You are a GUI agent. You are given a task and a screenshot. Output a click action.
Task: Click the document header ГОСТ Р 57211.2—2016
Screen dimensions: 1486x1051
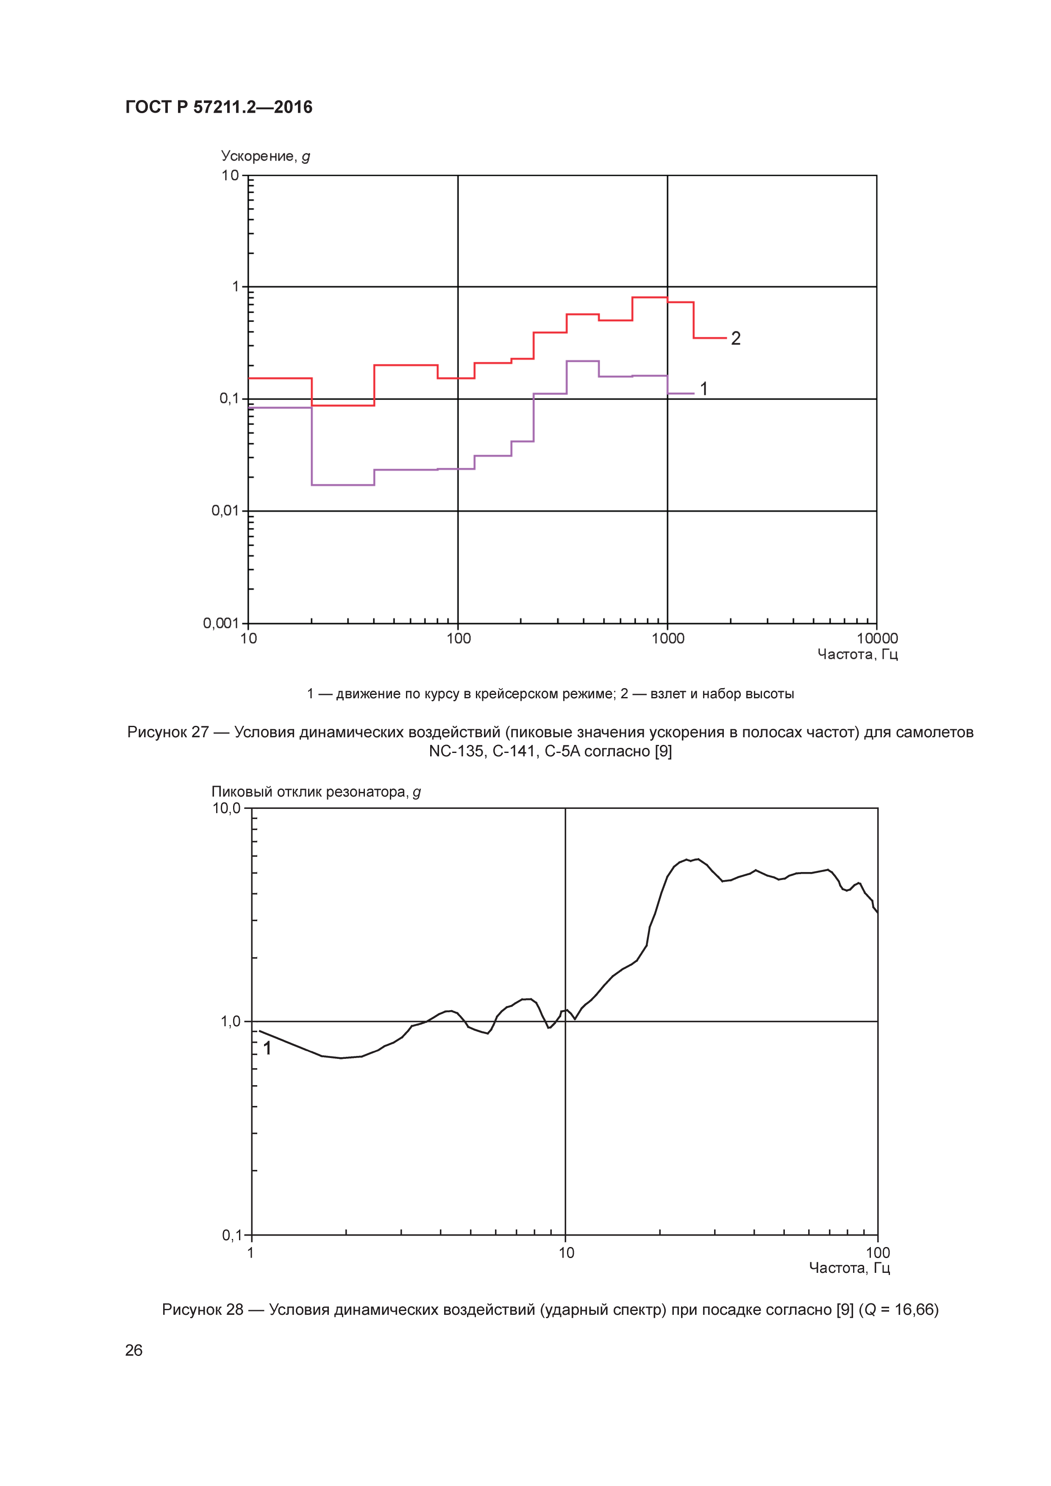(x=219, y=108)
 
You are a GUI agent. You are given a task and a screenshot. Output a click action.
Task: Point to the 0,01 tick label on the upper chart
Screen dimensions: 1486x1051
(x=225, y=511)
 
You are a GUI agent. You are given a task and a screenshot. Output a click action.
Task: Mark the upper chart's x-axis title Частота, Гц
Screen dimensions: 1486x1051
(x=857, y=654)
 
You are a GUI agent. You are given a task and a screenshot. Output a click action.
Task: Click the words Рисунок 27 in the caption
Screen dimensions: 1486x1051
(x=168, y=732)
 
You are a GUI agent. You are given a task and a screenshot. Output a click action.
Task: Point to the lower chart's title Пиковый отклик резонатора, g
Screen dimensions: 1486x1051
(x=316, y=792)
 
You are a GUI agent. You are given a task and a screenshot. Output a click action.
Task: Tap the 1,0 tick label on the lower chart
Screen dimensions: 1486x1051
(x=231, y=1021)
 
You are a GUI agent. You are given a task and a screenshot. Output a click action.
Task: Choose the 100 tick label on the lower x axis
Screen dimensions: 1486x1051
(x=878, y=1253)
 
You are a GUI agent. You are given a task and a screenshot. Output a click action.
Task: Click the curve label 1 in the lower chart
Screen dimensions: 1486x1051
(x=267, y=1048)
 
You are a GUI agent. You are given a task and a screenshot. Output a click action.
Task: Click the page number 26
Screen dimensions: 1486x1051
(x=134, y=1350)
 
